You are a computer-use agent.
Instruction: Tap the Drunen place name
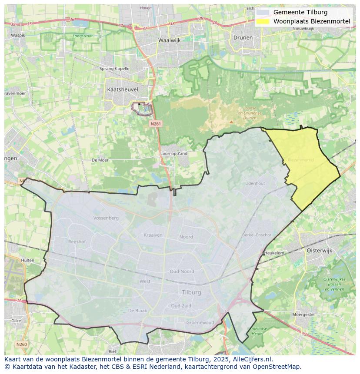tap(243, 37)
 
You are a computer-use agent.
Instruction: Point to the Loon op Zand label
tap(174, 154)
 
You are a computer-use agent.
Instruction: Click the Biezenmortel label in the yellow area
tap(300, 160)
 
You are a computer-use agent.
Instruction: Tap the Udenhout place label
tap(255, 183)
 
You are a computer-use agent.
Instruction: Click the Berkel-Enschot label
tap(257, 235)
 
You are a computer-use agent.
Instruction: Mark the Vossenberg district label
tap(106, 218)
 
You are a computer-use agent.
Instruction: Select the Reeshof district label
tap(77, 241)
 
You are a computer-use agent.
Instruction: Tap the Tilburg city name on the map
tap(191, 292)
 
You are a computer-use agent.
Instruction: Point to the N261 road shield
tap(156, 124)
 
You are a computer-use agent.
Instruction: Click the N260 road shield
tap(21, 344)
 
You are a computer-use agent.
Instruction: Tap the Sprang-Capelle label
tap(114, 69)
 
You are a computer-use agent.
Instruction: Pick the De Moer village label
tap(100, 160)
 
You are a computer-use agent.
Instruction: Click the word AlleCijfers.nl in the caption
tap(253, 359)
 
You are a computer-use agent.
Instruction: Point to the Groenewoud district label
tap(200, 323)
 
